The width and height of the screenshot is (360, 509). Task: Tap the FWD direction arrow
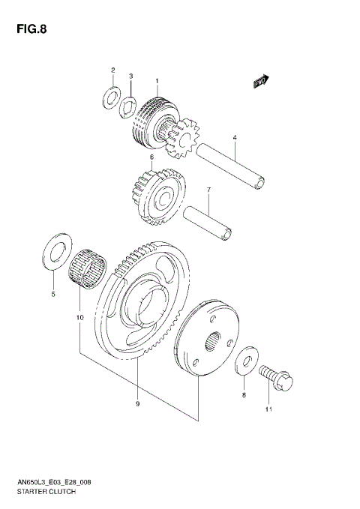[x=260, y=81]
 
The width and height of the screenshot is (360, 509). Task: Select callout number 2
[x=113, y=70]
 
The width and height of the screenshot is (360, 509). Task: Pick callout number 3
[x=130, y=76]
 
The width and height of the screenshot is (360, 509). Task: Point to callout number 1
[x=157, y=81]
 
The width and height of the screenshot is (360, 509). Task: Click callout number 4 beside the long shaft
[x=234, y=138]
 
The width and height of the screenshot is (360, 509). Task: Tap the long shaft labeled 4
[x=229, y=166]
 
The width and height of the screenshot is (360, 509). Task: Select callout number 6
[x=151, y=157]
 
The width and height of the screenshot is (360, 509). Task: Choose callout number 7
[x=209, y=190]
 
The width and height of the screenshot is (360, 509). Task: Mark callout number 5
[x=53, y=295]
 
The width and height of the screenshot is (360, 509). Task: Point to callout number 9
[x=138, y=405]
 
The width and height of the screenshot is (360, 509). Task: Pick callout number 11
[x=268, y=410]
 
